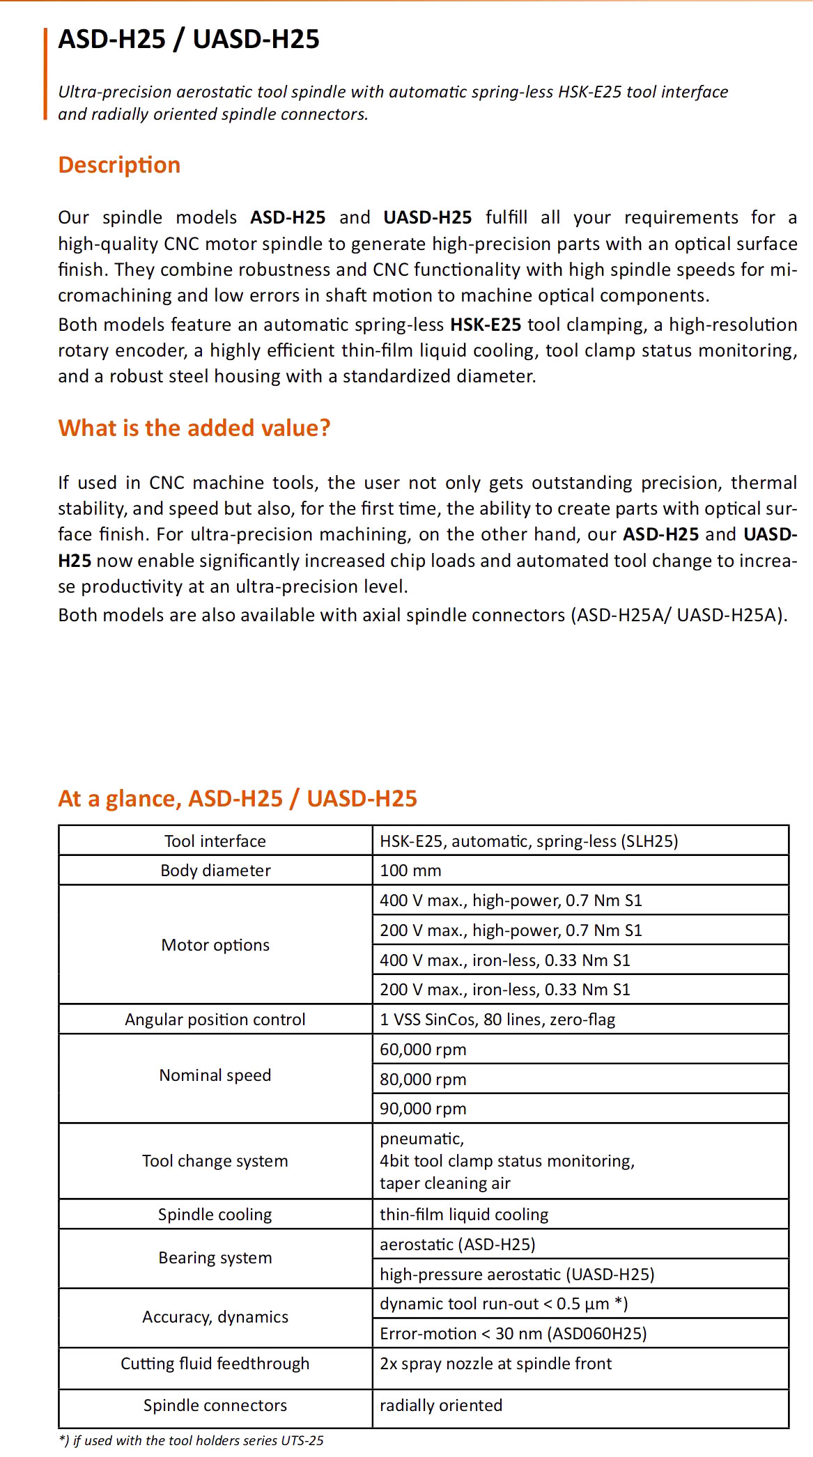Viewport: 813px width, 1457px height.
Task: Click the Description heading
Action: pyautogui.click(x=119, y=165)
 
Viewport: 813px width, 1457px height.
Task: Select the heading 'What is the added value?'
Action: pyautogui.click(x=194, y=428)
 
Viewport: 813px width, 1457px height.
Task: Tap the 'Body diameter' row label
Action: pyautogui.click(x=215, y=871)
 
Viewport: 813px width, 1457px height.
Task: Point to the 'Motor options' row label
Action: pyautogui.click(x=215, y=945)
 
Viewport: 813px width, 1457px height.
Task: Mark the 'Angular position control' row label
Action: pyautogui.click(x=215, y=1020)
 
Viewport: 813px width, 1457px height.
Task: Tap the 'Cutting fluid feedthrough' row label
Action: pyautogui.click(x=215, y=1364)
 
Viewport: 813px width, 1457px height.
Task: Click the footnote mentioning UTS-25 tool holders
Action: pyautogui.click(x=191, y=1440)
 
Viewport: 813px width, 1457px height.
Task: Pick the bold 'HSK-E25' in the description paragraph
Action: pyautogui.click(x=486, y=325)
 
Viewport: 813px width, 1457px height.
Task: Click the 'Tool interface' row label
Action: pyautogui.click(x=215, y=841)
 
